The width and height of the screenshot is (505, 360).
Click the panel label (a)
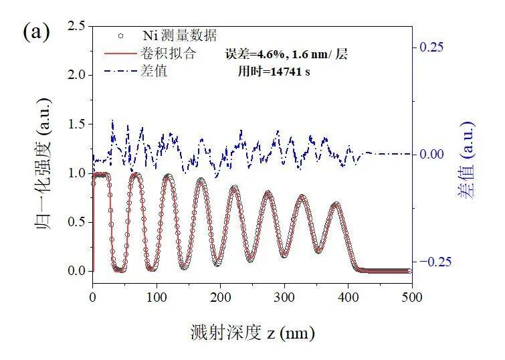36,32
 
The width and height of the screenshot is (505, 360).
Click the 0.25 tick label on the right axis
431,47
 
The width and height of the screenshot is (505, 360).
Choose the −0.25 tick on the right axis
435,262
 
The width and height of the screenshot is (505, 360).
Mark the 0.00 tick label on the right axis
431,154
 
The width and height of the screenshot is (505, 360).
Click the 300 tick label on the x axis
284,297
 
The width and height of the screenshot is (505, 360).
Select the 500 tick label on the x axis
412,297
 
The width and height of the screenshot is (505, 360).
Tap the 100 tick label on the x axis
157,297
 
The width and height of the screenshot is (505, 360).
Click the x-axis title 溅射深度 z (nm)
252,333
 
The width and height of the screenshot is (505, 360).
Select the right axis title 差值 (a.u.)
466,160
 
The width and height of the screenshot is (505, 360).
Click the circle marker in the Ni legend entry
120,35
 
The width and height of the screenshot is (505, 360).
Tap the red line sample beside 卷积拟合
121,53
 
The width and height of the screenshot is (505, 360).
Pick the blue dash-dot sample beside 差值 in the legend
121,70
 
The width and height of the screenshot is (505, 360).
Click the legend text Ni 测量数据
180,35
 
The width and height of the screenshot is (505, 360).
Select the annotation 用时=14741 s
274,71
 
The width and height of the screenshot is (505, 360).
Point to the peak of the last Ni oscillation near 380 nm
336,203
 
